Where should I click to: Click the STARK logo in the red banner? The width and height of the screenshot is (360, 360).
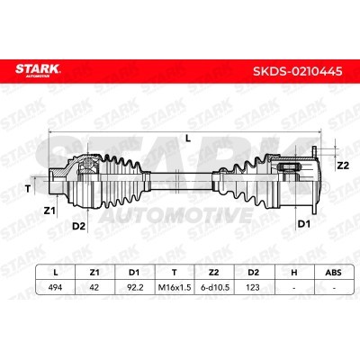click(x=38, y=70)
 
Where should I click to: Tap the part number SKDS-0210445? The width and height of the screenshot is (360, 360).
click(x=298, y=71)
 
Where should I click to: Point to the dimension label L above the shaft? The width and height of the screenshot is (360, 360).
click(x=188, y=139)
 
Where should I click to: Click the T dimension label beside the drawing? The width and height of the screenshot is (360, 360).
click(x=28, y=189)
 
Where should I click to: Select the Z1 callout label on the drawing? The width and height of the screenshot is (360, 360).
click(x=49, y=211)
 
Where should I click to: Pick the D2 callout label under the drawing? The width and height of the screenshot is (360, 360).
click(x=79, y=227)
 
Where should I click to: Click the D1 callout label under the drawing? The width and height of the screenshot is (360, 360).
click(x=303, y=224)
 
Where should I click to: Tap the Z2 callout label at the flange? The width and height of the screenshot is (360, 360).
click(x=343, y=166)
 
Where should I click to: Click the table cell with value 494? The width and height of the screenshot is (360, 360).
click(x=55, y=287)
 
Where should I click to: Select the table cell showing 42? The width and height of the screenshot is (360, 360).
click(x=94, y=287)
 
